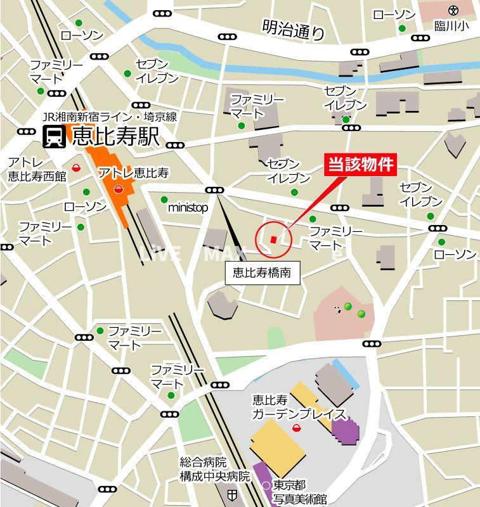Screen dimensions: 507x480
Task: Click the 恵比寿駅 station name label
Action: pyautogui.click(x=115, y=136)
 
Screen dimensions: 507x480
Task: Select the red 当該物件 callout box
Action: pyautogui.click(x=361, y=165)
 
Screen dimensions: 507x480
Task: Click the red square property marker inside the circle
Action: pyautogui.click(x=273, y=239)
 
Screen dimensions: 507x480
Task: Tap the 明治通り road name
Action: pyautogui.click(x=293, y=29)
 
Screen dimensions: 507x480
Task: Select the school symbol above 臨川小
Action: pyautogui.click(x=452, y=10)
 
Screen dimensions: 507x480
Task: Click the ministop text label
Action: pyautogui.click(x=188, y=207)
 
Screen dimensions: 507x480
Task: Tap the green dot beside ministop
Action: pyautogui.click(x=165, y=200)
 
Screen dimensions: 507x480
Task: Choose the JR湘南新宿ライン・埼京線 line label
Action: pyautogui.click(x=109, y=117)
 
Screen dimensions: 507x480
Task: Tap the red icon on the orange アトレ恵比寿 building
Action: pyautogui.click(x=119, y=188)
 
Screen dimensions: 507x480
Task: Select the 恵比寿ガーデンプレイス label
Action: pyautogui.click(x=298, y=407)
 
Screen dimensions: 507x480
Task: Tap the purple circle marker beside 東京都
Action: pyautogui.click(x=266, y=485)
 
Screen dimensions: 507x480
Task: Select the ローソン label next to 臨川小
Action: pyautogui.click(x=394, y=15)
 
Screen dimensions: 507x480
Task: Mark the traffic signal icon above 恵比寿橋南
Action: pyautogui.click(x=214, y=190)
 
